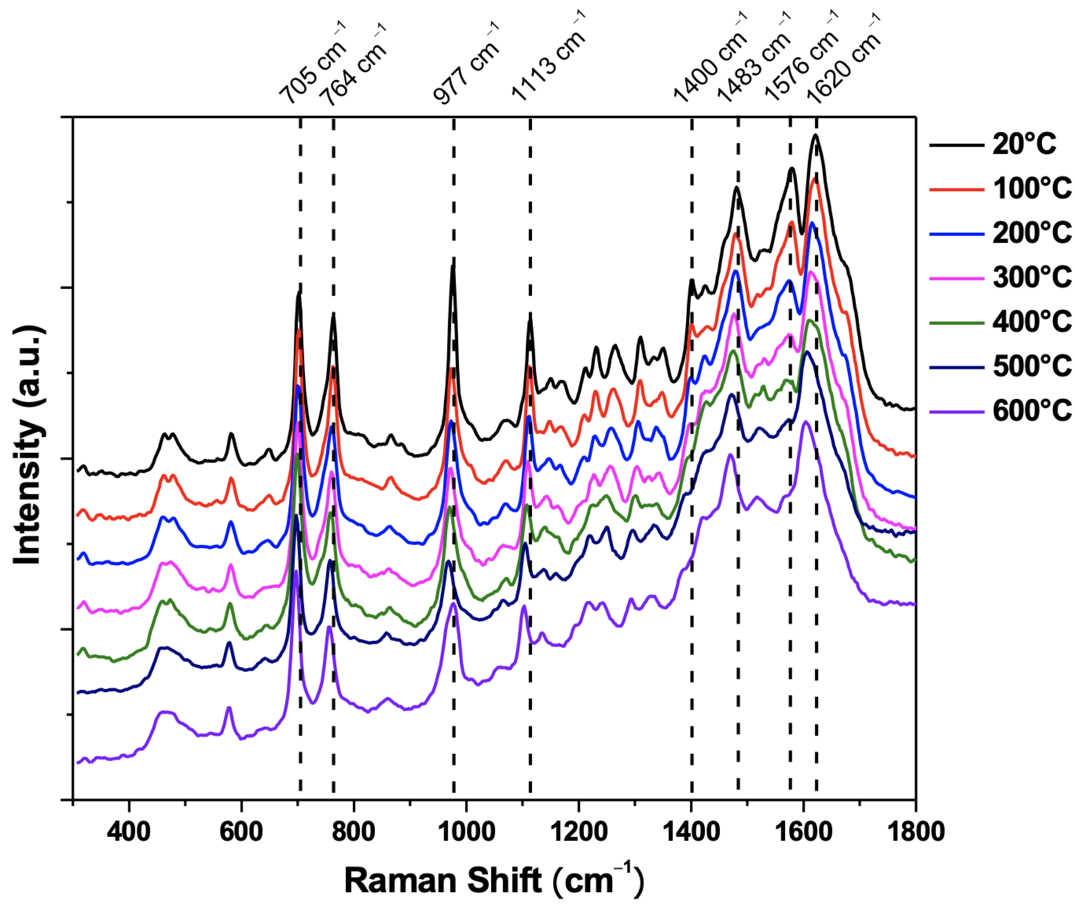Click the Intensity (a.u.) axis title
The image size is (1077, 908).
click(28, 445)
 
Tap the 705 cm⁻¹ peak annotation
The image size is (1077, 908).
click(312, 65)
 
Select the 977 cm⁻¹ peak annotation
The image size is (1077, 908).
click(466, 65)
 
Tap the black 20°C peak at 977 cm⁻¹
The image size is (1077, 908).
click(453, 267)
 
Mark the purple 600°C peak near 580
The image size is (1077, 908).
click(229, 709)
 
